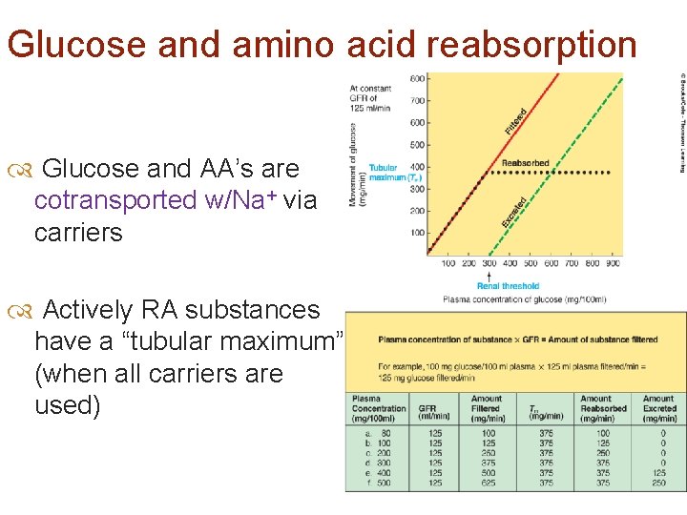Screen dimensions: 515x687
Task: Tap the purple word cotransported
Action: tap(114, 200)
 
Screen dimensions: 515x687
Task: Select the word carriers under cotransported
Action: tap(78, 233)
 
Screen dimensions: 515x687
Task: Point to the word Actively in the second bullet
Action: tap(88, 310)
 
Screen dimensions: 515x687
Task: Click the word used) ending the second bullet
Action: tap(66, 404)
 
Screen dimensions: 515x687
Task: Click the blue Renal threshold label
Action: tap(509, 286)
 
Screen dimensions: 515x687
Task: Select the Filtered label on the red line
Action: tap(515, 119)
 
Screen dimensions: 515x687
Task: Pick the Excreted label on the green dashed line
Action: tap(513, 212)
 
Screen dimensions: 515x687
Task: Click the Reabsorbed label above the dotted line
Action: tap(526, 163)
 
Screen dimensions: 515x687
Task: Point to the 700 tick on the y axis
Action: tap(418, 100)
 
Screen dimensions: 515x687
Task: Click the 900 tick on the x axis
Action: tap(613, 263)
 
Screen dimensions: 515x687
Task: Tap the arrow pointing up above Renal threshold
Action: tap(490, 275)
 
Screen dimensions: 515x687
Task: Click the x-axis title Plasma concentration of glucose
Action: tap(525, 299)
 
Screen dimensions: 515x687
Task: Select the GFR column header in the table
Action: tap(427, 408)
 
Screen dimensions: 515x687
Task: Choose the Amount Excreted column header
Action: tap(658, 408)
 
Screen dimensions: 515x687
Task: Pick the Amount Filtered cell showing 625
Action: tap(488, 483)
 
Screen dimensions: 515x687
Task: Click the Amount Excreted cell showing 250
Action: tap(658, 483)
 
